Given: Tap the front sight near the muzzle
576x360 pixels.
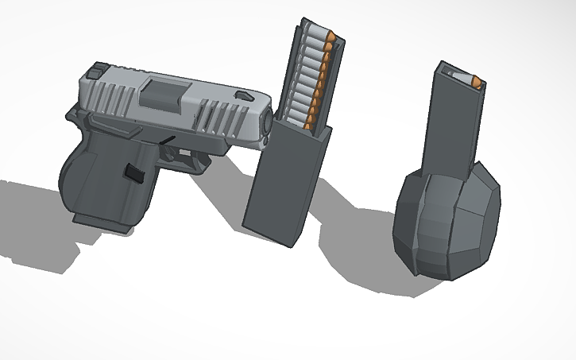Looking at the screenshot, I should (242, 95).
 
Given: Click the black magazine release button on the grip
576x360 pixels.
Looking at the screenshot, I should (133, 171).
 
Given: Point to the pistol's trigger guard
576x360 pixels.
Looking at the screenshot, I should (195, 163).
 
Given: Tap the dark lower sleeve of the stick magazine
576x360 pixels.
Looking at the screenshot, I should (286, 183).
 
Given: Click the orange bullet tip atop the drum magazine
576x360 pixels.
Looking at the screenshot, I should (475, 81).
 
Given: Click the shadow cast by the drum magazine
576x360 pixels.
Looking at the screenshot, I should (358, 254).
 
